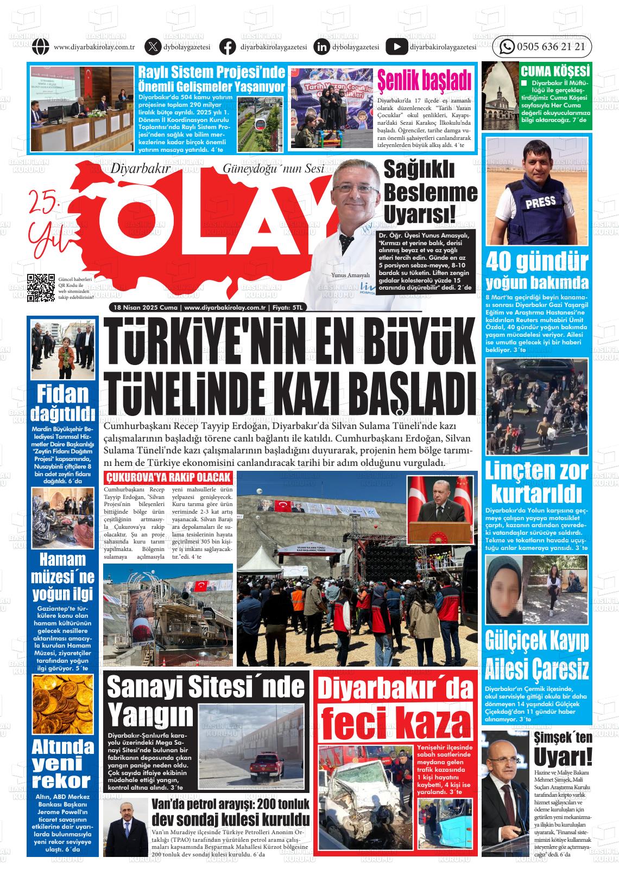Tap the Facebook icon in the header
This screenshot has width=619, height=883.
(228, 47)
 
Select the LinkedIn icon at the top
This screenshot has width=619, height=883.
(321, 47)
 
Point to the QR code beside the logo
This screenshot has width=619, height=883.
(41, 287)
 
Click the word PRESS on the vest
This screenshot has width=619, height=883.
(540, 202)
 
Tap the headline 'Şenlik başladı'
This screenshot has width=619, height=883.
(424, 80)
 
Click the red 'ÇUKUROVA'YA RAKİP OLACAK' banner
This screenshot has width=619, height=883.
(168, 478)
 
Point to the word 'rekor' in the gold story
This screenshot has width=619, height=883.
(61, 781)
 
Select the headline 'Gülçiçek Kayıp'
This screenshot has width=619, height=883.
(536, 640)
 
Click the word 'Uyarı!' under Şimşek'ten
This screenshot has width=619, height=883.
(562, 757)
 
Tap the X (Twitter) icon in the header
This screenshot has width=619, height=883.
(153, 47)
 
